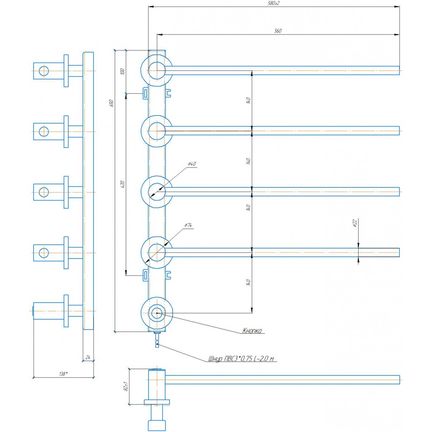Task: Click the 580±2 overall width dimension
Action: tap(274, 3)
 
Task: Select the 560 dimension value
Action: tap(278, 31)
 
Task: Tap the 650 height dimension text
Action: tap(112, 103)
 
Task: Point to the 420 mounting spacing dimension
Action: tap(123, 184)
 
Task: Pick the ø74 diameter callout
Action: tap(188, 226)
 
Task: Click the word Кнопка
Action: tap(252, 331)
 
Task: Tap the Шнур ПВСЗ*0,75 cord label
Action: tap(241, 359)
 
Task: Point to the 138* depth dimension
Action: tap(64, 374)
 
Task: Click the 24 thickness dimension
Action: tap(88, 357)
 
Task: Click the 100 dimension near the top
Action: tap(123, 71)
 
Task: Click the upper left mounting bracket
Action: tap(145, 92)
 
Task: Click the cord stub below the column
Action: tap(157, 339)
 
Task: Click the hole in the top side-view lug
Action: tap(44, 70)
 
